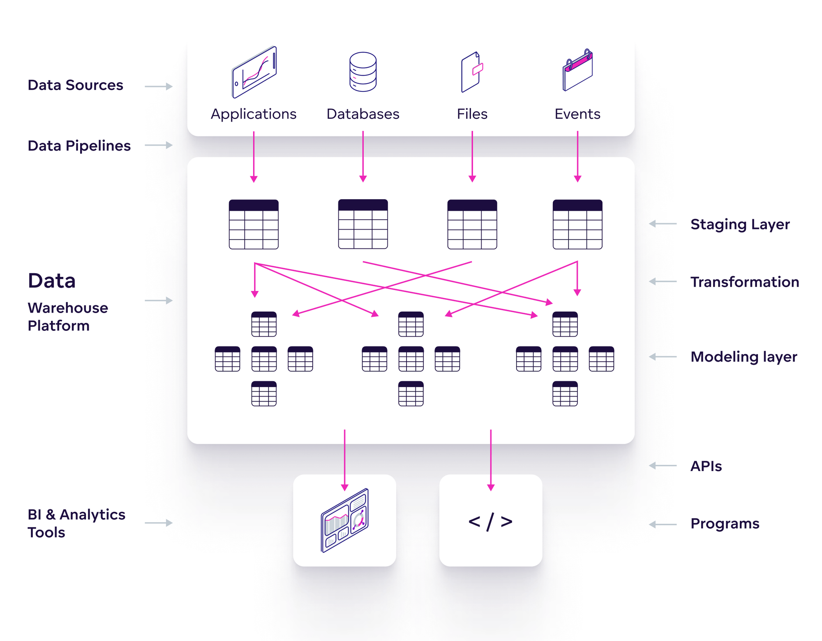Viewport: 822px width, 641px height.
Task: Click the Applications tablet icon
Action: [254, 72]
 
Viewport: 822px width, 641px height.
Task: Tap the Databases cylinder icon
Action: [363, 72]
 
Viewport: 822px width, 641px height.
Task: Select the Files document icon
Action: [472, 72]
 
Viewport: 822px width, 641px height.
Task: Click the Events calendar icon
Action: [577, 70]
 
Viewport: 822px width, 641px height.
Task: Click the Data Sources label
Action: [75, 85]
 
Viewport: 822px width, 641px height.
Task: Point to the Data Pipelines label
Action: [79, 146]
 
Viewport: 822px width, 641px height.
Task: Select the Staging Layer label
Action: [740, 224]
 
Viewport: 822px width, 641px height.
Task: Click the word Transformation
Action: [744, 282]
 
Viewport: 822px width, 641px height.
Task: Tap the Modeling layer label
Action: [743, 357]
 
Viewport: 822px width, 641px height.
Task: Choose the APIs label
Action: [706, 466]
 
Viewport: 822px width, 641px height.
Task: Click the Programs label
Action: [725, 524]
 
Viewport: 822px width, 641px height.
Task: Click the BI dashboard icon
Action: [344, 521]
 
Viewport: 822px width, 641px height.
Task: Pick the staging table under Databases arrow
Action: [363, 224]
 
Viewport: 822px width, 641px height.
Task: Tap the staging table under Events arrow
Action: [577, 224]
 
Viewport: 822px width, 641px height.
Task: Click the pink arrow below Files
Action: [472, 156]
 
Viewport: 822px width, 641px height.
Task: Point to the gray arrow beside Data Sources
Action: [159, 86]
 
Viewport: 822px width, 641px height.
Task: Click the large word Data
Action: [52, 281]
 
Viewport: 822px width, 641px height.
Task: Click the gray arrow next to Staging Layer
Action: [663, 224]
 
